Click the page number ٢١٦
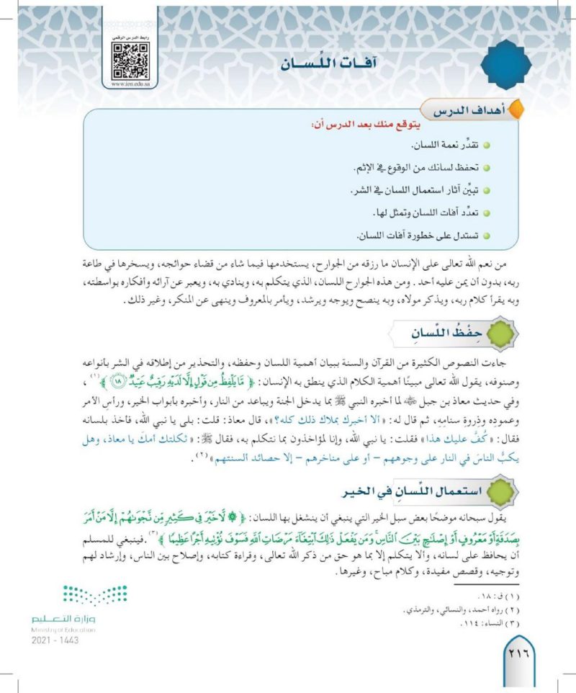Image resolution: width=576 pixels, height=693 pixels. click(x=520, y=655)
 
